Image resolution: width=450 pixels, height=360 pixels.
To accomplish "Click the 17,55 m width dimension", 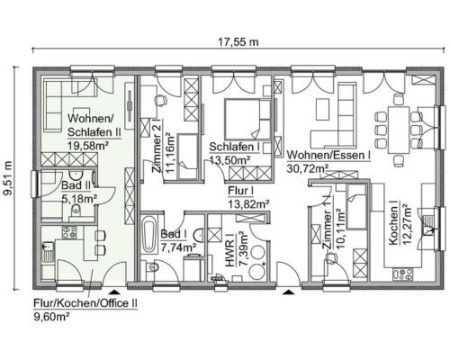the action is click(x=238, y=42).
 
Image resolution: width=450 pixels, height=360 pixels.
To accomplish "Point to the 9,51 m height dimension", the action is click(x=8, y=178).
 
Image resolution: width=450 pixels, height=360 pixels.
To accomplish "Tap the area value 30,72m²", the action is click(x=307, y=169).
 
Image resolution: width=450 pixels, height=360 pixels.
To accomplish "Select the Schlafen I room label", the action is click(x=230, y=147).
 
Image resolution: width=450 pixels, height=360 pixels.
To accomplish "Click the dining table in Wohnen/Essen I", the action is click(x=399, y=130).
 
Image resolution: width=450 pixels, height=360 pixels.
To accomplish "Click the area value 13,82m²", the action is click(x=248, y=204).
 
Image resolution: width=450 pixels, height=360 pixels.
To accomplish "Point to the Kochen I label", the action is click(x=393, y=224).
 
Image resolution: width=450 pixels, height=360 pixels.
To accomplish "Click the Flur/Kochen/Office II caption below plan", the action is click(x=85, y=303).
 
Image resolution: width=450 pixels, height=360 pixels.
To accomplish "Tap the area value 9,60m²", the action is click(x=51, y=317).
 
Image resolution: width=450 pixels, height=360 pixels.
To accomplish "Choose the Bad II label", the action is click(x=76, y=185).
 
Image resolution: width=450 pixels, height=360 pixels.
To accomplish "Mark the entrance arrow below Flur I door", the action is click(x=288, y=292).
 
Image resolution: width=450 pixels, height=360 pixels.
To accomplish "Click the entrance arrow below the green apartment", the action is click(x=115, y=292).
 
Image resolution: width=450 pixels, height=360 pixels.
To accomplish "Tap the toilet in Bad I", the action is click(x=151, y=266).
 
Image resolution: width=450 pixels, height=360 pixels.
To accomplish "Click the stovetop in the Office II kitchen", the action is click(x=69, y=232).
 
